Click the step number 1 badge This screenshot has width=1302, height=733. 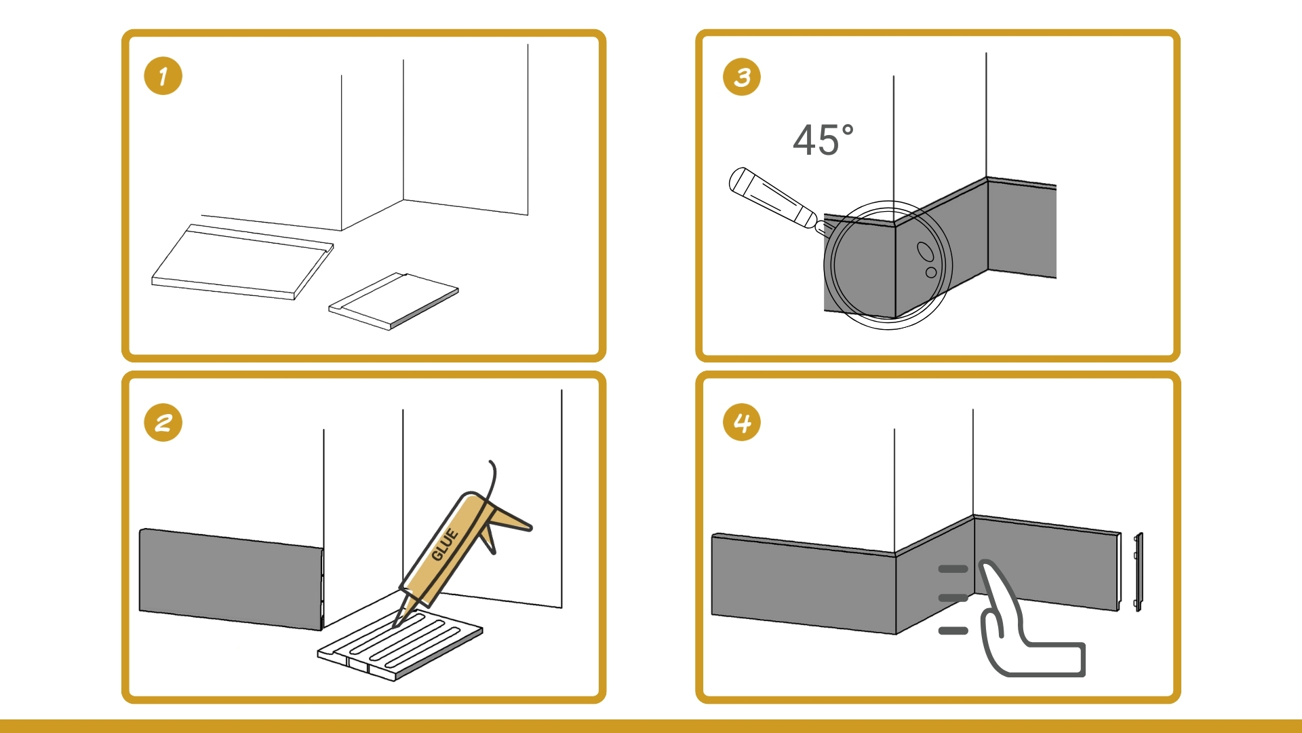(x=163, y=76)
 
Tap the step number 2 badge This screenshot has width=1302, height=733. (x=163, y=423)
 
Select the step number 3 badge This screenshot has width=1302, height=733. (x=742, y=77)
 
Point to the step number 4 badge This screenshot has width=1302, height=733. (x=742, y=423)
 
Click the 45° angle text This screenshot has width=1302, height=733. (x=823, y=140)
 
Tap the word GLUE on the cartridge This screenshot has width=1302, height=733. (x=446, y=544)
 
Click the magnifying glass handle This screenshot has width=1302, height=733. (x=773, y=198)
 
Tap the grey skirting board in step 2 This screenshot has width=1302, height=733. (x=231, y=578)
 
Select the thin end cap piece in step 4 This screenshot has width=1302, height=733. (x=1139, y=571)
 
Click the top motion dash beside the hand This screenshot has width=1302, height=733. (x=953, y=569)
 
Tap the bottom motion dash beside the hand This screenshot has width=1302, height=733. (x=953, y=631)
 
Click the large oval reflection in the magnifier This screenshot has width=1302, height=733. (x=926, y=251)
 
